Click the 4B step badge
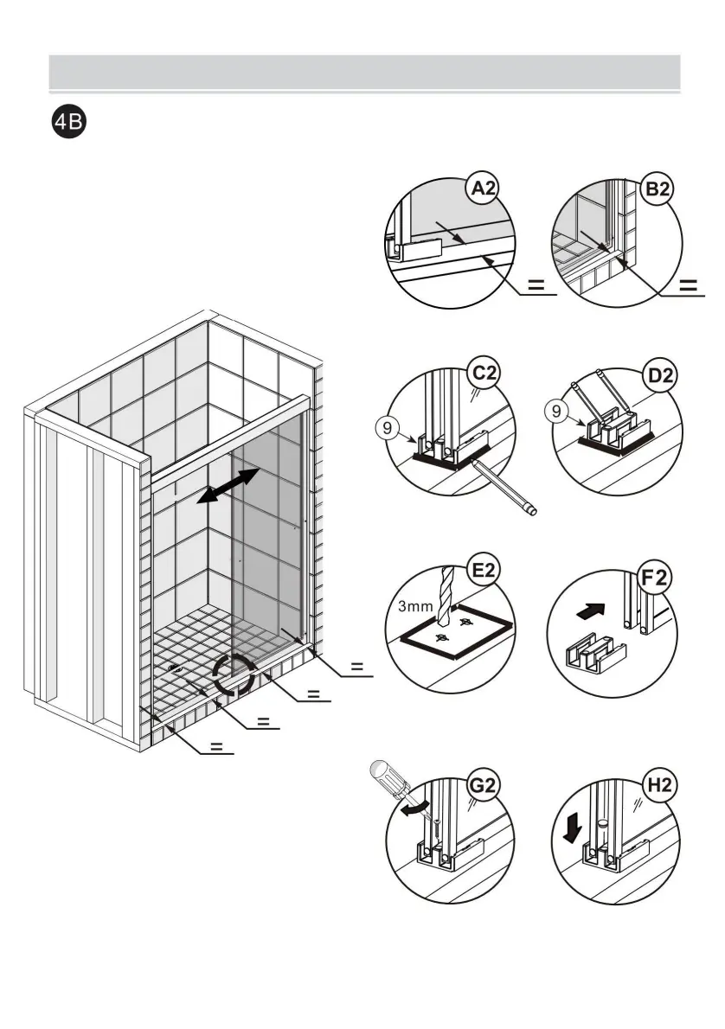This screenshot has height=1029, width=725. (x=67, y=123)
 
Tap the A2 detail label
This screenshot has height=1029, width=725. (x=484, y=190)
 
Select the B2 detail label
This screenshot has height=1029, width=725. (x=658, y=190)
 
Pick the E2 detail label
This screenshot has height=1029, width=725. (x=484, y=571)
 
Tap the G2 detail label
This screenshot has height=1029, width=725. (x=484, y=785)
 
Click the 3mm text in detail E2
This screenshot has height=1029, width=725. (x=414, y=606)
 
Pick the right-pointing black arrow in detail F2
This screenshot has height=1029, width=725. (x=587, y=611)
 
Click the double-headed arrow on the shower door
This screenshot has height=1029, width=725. (x=228, y=484)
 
